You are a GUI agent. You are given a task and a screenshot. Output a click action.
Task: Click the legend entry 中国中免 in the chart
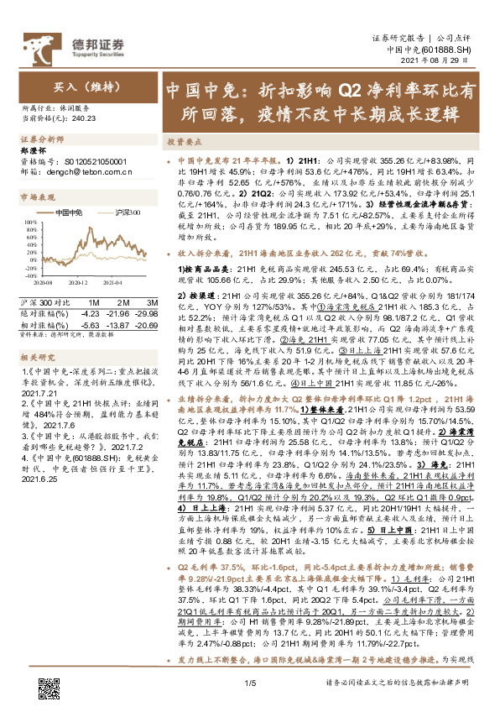click(x=69, y=214)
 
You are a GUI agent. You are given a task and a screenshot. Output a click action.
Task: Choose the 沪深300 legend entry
click(x=124, y=214)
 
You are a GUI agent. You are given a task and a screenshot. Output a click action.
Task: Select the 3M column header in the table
click(x=151, y=301)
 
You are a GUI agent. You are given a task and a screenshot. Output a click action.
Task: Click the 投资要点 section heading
click(x=184, y=143)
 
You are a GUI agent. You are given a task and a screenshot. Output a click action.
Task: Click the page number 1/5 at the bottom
click(x=249, y=685)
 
